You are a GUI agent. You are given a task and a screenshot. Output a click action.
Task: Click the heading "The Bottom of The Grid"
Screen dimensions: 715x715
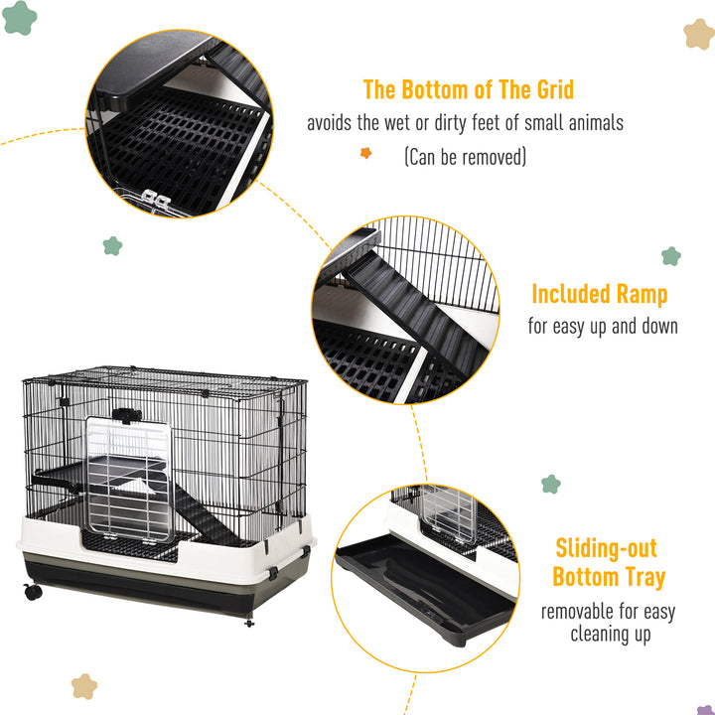coord(468,89)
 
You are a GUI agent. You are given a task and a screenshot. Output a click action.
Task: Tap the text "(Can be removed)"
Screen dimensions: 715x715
coord(465,157)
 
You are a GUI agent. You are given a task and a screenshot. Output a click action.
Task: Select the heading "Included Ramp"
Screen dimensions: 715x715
coord(599,294)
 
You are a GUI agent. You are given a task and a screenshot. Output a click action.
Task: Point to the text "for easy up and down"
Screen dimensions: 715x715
coord(602,326)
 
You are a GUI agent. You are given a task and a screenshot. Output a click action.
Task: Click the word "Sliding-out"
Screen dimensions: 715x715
coord(606,547)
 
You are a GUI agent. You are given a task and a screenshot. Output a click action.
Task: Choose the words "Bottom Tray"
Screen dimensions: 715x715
coord(609,577)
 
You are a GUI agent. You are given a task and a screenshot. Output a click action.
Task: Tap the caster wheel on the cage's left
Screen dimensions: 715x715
coord(33,592)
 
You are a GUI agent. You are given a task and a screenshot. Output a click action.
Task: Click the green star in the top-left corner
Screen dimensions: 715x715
coord(19,18)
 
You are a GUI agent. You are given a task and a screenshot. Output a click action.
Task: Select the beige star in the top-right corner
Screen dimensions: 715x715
coord(699,34)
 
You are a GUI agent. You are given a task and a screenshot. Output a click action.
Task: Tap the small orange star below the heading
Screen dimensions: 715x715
coord(365,153)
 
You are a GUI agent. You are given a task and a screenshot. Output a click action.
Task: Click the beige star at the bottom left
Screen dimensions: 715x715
coord(84,686)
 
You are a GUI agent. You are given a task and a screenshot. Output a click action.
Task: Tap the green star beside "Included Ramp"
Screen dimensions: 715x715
coord(671,256)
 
